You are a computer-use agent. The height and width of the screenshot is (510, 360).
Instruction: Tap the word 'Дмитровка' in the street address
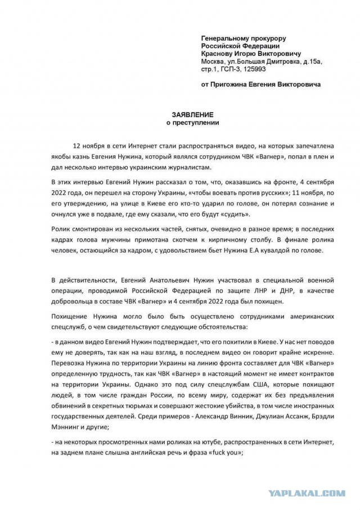pyautogui.click(x=280, y=61)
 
